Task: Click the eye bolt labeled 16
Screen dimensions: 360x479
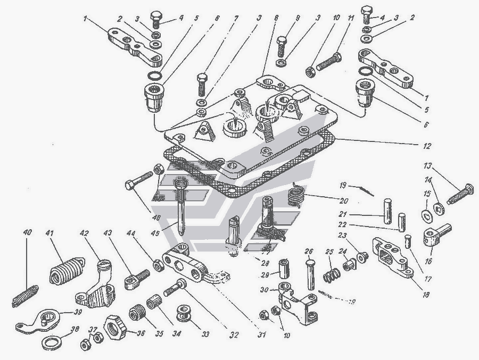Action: tap(435, 232)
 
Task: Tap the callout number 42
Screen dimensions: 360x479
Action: tap(84, 232)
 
